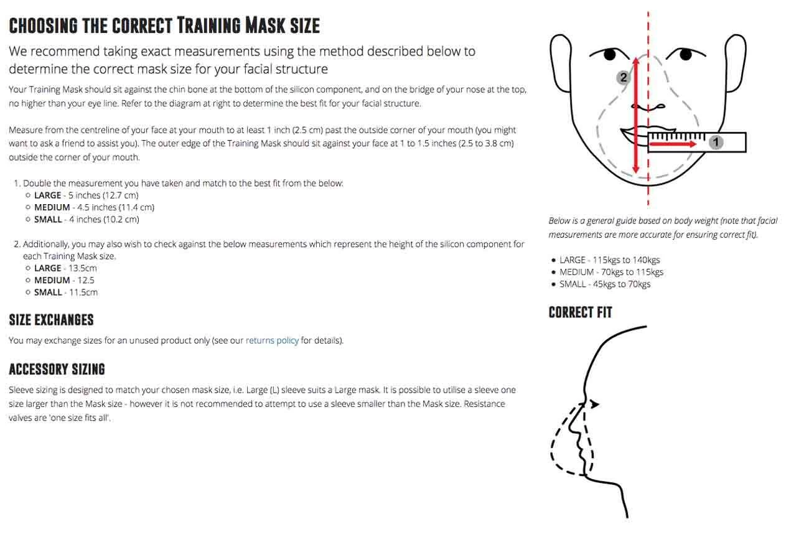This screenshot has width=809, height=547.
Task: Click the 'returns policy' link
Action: pos(272,340)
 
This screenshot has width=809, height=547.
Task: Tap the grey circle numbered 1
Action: pos(716,143)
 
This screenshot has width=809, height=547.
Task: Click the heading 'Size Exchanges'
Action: pos(51,320)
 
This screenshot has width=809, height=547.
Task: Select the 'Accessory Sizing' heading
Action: pos(57,369)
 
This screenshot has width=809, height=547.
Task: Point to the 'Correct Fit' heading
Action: pos(580,312)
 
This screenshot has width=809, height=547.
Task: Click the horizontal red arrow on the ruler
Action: pos(673,144)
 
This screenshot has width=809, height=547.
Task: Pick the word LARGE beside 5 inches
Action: pos(48,195)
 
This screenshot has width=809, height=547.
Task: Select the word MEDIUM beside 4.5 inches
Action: pos(52,207)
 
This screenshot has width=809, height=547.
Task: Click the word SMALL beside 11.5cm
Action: pos(48,292)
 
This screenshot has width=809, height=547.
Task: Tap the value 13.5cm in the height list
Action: pos(83,268)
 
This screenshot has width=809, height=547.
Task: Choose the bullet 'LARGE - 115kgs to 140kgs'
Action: pos(609,260)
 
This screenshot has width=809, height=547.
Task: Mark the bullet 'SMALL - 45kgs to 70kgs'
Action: pos(605,284)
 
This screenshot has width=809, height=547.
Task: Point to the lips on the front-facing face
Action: pos(634,134)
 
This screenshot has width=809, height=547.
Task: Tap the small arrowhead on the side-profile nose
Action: pos(594,404)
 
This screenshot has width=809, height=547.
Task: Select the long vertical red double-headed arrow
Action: pos(635,115)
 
